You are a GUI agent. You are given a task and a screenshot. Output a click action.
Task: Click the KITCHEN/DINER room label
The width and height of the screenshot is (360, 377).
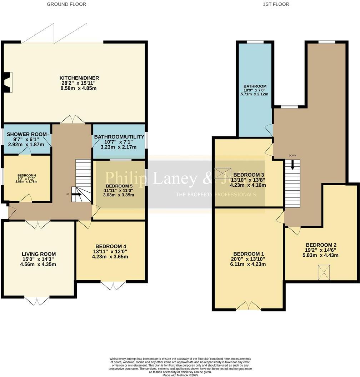click(79, 78)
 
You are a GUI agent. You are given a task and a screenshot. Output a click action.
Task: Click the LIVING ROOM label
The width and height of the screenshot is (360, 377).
click(39, 254)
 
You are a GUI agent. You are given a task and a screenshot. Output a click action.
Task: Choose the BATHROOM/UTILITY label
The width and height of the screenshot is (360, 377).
click(119, 137)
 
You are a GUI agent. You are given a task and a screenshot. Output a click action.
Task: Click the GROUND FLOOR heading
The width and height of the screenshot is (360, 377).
click(66, 4)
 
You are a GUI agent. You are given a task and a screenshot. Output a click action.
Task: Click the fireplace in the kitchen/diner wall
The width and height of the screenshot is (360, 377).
click(7, 80)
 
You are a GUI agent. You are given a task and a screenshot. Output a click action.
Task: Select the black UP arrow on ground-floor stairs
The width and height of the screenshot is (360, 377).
click(77, 195)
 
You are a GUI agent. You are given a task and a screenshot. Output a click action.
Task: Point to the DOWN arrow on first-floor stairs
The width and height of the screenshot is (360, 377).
click(292, 165)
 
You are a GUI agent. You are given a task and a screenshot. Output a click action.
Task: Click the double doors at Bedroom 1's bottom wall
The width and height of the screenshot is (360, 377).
click(249, 306)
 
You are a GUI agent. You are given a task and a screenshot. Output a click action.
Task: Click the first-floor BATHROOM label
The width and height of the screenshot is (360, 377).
click(255, 86)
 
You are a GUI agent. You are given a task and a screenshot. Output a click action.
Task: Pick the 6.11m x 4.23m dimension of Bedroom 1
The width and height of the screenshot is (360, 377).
click(248, 265)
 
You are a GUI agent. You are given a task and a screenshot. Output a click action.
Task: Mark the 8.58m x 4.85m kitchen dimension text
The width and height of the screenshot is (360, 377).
click(79, 88)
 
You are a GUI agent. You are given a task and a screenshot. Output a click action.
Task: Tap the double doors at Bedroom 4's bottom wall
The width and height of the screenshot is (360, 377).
click(113, 285)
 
